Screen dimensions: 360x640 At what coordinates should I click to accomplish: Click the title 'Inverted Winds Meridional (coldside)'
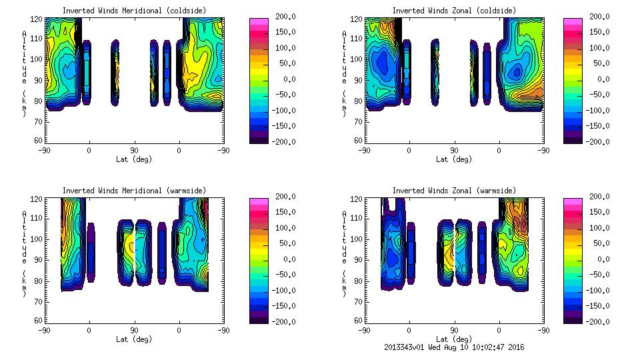(135, 11)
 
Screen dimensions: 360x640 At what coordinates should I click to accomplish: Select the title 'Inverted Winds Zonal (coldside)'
(454, 11)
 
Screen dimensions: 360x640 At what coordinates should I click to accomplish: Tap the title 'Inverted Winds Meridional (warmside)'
(135, 191)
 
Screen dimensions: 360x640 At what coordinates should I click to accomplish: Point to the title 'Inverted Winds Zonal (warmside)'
(454, 191)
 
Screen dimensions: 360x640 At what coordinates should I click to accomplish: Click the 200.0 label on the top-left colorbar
(282, 17)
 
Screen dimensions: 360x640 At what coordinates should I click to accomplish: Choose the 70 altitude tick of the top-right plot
(359, 121)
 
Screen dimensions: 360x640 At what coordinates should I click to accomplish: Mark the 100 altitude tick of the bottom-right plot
(357, 239)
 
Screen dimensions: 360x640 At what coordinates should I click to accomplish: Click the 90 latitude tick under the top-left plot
(134, 150)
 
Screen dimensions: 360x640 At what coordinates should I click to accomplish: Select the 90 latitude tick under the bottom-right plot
(454, 330)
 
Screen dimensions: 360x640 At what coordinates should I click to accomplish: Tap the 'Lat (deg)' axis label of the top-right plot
(454, 159)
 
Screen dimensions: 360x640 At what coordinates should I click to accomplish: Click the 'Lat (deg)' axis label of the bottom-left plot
(135, 339)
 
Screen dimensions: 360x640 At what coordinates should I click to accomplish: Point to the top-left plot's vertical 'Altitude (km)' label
(25, 73)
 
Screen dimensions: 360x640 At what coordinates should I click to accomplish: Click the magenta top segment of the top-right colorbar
(571, 21)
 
